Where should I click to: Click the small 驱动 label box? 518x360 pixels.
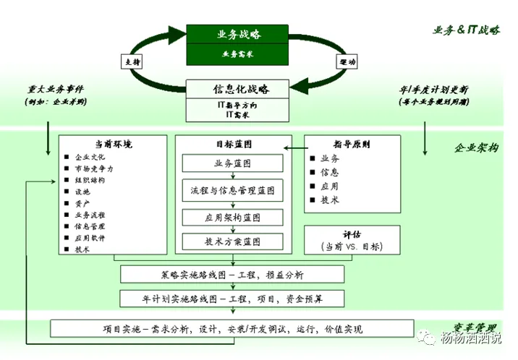click(347, 62)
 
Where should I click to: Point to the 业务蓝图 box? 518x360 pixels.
click(232, 163)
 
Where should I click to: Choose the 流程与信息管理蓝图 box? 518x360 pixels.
click(232, 191)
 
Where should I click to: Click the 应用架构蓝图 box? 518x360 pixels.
click(232, 217)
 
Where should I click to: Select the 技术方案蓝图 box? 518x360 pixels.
click(232, 241)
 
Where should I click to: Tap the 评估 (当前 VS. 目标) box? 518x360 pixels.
click(352, 241)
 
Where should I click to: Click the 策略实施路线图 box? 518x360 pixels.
click(233, 275)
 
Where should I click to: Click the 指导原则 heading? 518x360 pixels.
click(352, 144)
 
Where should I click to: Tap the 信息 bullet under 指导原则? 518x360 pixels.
click(329, 172)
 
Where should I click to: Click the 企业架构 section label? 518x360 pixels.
click(476, 147)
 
